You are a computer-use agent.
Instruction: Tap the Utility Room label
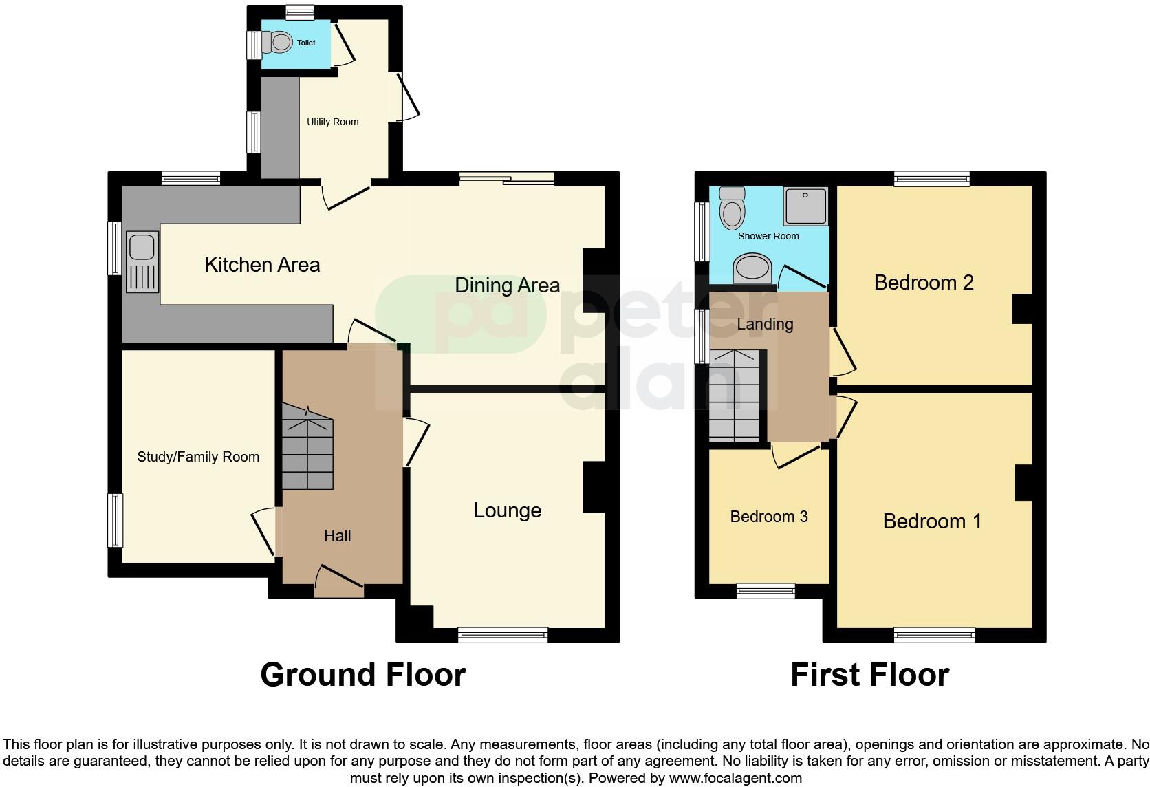332,122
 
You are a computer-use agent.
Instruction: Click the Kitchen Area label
262,265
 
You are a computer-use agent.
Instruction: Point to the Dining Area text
507,285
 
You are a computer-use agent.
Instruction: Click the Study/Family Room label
198,457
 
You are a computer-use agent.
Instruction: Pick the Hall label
337,536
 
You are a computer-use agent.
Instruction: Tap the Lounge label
507,510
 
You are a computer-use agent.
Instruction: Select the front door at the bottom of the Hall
339,581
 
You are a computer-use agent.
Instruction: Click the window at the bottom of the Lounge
503,634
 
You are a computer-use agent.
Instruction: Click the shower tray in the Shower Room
805,205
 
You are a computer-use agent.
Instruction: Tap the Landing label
765,324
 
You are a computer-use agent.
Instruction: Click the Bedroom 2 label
923,283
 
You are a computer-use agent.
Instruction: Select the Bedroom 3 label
768,517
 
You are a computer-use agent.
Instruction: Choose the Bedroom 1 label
932,521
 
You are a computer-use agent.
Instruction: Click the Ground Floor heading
363,675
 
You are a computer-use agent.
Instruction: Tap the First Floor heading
869,675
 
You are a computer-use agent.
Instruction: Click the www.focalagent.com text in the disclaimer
735,778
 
